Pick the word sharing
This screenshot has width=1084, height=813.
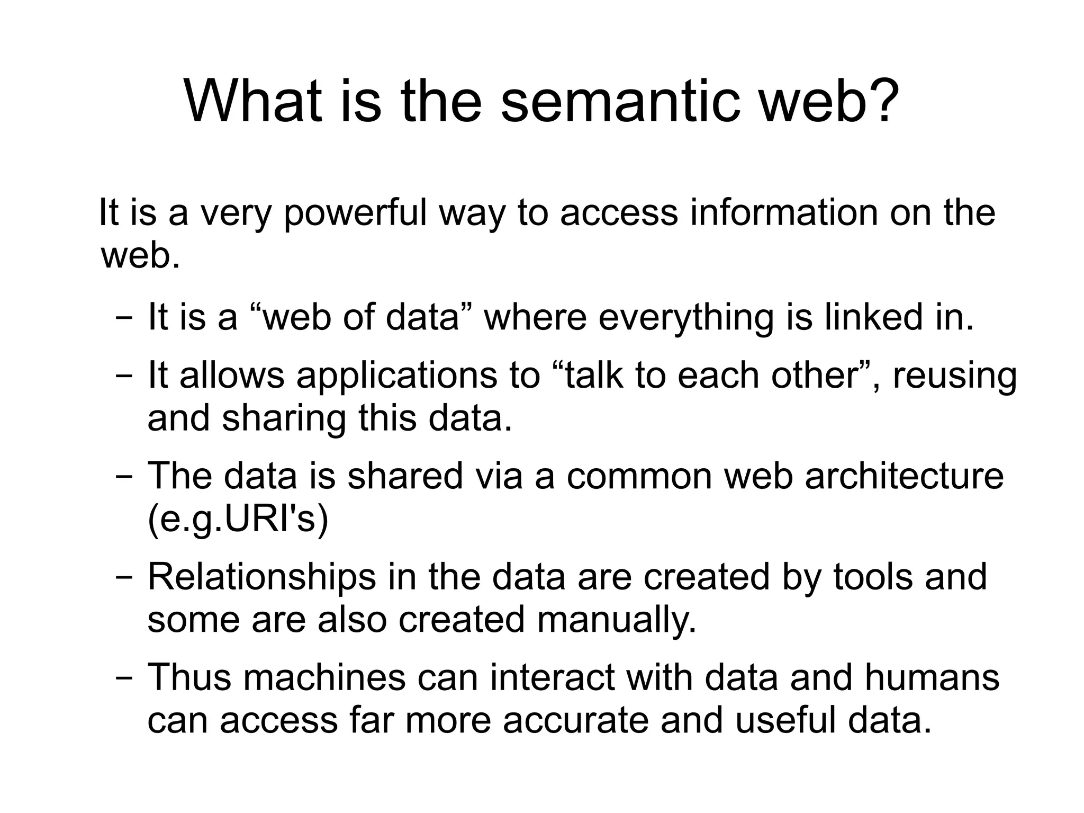(284, 419)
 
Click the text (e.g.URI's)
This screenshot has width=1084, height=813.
(238, 520)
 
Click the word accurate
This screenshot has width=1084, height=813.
(575, 721)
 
